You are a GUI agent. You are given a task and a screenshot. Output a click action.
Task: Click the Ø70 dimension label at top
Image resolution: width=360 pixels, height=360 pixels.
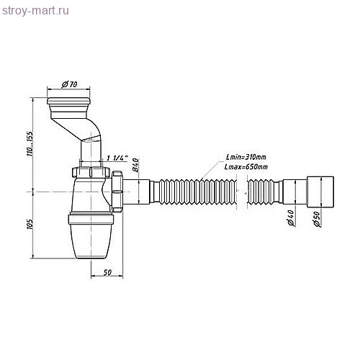71,84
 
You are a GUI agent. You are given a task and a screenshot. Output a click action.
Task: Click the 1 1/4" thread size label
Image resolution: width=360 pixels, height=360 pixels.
116,158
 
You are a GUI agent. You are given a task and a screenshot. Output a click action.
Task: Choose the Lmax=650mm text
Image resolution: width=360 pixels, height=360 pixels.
247,167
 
